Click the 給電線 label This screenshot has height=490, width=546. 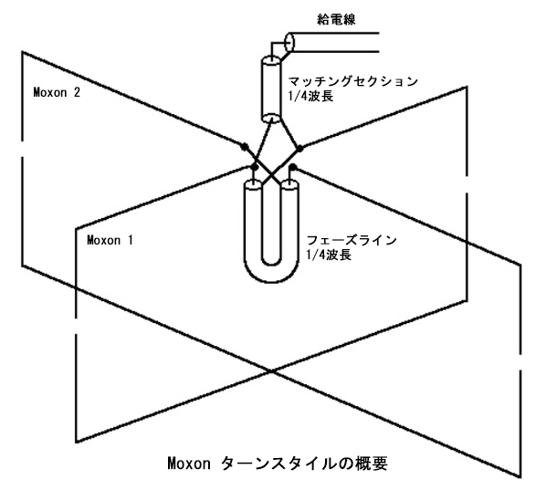pyautogui.click(x=336, y=19)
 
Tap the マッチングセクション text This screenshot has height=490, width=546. pyautogui.click(x=353, y=81)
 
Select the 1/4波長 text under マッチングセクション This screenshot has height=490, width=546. pyautogui.click(x=310, y=96)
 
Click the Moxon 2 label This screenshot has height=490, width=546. pyautogui.click(x=57, y=92)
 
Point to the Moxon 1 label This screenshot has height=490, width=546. pyautogui.click(x=110, y=240)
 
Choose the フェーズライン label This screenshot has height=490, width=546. pyautogui.click(x=352, y=240)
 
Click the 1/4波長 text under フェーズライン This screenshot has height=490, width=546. pyautogui.click(x=329, y=255)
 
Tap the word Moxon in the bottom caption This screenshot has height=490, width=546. pyautogui.click(x=189, y=464)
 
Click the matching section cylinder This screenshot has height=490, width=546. pyautogui.click(x=271, y=89)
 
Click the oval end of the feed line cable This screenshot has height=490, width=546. pyautogui.click(x=289, y=43)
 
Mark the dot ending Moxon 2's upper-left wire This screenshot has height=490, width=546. pyautogui.click(x=245, y=147)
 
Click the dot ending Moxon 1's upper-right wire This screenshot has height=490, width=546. pyautogui.click(x=299, y=149)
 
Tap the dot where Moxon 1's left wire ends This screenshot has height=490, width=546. pyautogui.click(x=255, y=168)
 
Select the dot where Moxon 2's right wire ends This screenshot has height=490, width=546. pyautogui.click(x=293, y=167)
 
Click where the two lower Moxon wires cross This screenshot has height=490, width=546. pyautogui.click(x=271, y=371)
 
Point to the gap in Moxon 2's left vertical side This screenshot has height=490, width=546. pyautogui.click(x=23, y=149)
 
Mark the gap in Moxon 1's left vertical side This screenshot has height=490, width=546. pyautogui.click(x=76, y=326)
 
